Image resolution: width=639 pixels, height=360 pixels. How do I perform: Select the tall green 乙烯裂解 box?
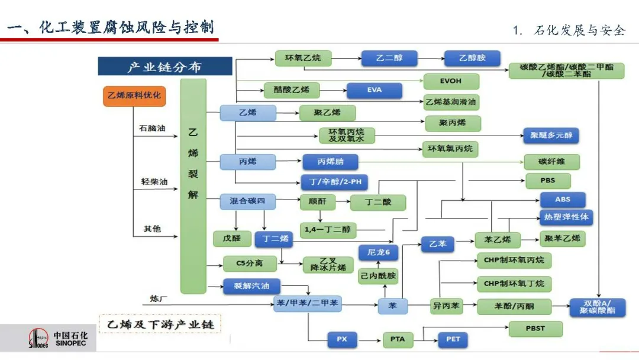point(193,186)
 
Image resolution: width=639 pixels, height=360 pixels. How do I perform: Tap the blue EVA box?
point(374,91)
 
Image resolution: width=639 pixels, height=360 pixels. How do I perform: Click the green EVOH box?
point(451,81)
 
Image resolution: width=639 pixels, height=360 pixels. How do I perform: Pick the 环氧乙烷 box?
point(303,58)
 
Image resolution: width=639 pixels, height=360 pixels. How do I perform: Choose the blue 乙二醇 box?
point(389,59)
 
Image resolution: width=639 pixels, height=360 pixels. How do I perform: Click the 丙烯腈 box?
point(331,161)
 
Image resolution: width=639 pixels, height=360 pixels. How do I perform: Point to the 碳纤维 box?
point(551,162)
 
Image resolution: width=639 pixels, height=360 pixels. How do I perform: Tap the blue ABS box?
point(563,200)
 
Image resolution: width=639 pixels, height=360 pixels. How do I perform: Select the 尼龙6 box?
point(379,252)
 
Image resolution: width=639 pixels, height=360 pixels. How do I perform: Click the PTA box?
point(398,339)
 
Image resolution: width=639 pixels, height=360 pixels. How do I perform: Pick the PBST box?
point(535,328)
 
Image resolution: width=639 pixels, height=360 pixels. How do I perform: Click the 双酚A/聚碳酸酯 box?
point(598,307)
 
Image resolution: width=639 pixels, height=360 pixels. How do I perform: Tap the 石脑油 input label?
point(152,128)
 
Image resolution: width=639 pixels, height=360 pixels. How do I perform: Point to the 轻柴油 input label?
point(152,181)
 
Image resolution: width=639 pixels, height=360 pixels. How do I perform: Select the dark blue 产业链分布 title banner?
point(164,66)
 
